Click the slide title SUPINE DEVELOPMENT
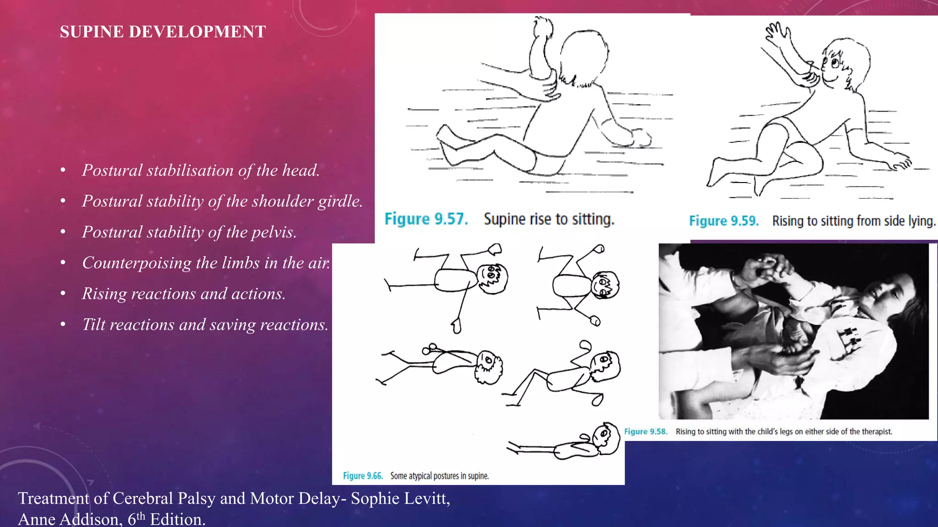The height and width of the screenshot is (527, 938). tap(163, 32)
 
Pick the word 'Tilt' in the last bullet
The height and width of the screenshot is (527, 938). tap(93, 324)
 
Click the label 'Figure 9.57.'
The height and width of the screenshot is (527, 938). tap(426, 219)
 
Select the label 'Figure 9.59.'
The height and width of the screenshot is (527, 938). tap(724, 221)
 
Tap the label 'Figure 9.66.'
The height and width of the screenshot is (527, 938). tap(363, 476)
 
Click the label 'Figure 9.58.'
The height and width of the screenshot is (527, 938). tap(646, 431)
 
